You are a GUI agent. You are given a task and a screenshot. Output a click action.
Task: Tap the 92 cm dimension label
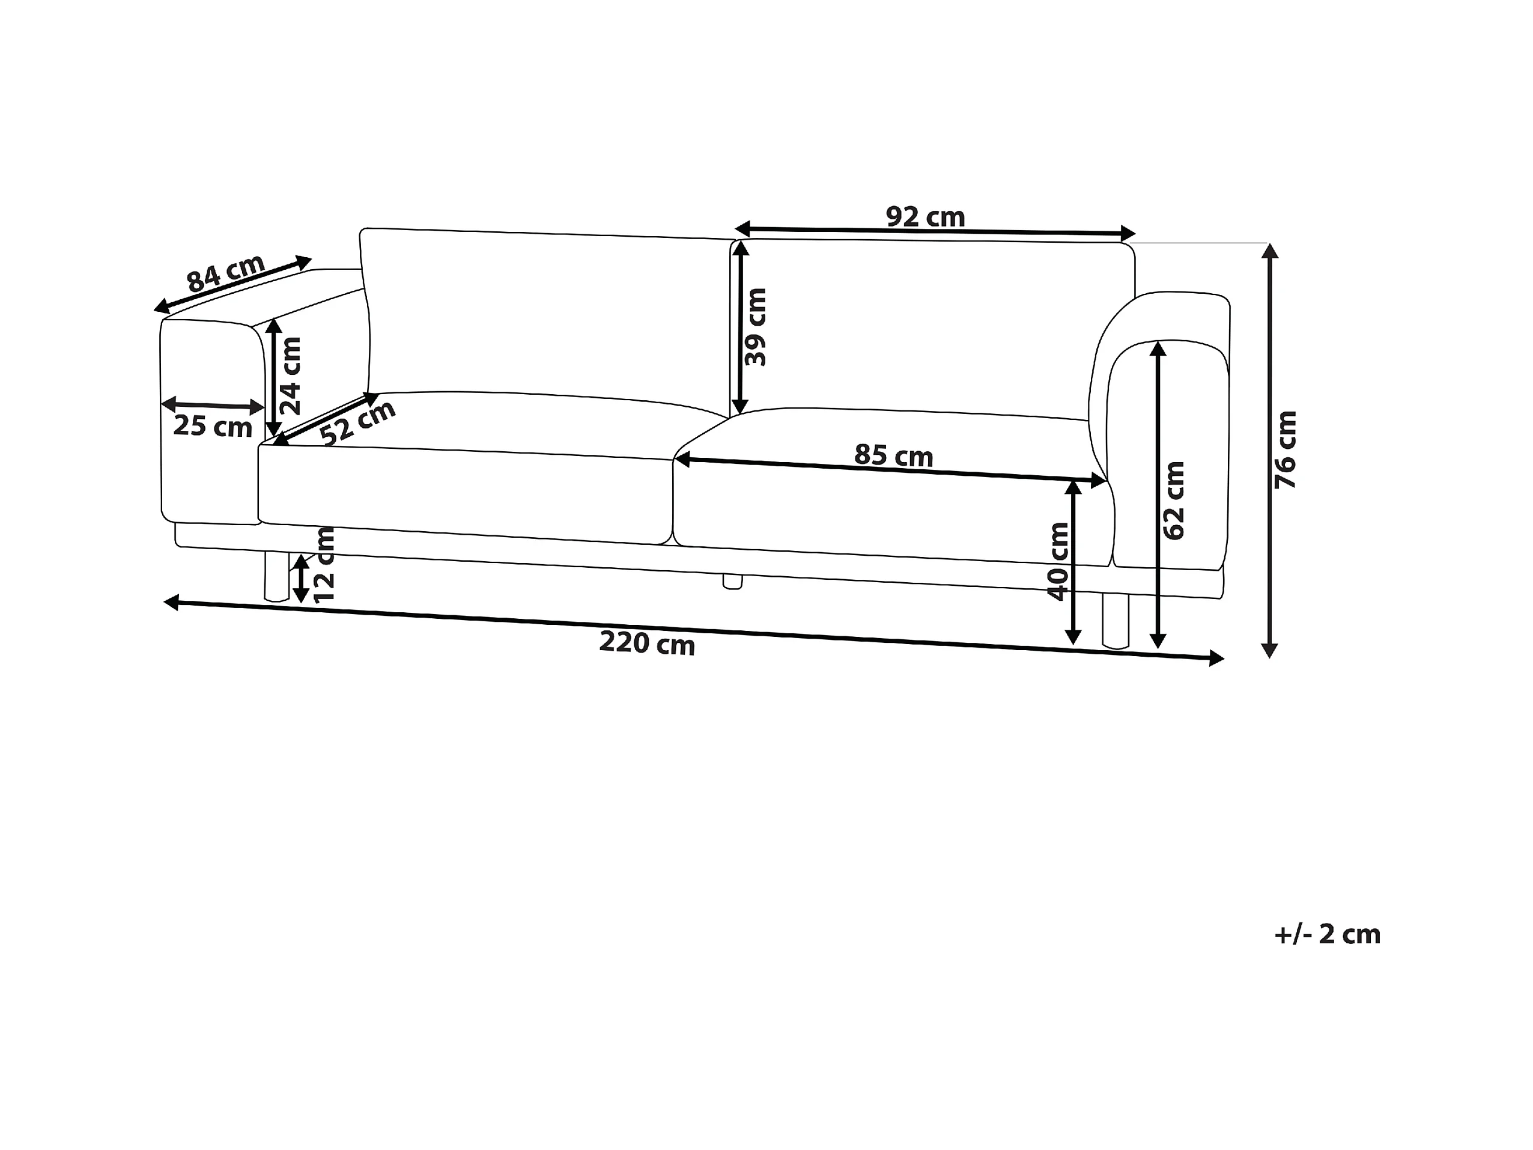click(x=925, y=217)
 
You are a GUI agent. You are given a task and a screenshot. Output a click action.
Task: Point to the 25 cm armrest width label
click(x=212, y=425)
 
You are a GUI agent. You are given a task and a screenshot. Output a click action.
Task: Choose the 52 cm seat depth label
click(x=357, y=423)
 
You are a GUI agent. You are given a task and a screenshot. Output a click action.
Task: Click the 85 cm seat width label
click(x=893, y=455)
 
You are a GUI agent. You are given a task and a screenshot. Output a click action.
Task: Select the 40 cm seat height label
click(x=1058, y=562)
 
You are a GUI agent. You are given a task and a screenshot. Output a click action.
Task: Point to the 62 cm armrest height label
click(x=1173, y=500)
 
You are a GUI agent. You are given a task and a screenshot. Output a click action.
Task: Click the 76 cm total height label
click(x=1286, y=449)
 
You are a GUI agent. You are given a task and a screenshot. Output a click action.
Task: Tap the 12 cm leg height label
click(x=324, y=565)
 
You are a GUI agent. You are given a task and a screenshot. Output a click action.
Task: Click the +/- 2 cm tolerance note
click(x=1327, y=934)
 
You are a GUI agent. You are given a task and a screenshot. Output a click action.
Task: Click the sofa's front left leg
click(x=276, y=576)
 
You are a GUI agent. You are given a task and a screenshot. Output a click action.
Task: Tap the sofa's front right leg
click(x=1115, y=621)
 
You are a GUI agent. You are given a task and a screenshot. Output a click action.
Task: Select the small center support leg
click(x=732, y=582)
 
